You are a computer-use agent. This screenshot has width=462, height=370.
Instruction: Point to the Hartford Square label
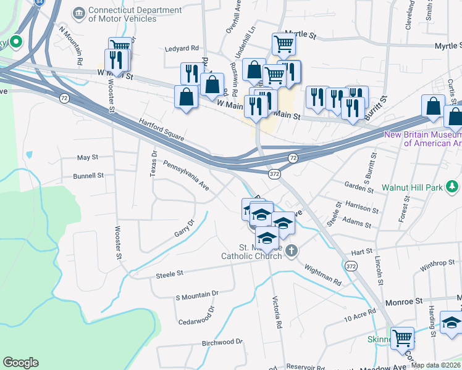[x=161, y=129]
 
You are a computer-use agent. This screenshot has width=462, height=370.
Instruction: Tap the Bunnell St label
[x=88, y=176]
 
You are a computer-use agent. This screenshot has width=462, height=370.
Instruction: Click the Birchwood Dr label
[x=222, y=342]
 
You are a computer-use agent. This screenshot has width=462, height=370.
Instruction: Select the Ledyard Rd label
[x=182, y=47]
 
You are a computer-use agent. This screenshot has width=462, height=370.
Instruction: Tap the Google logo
[x=20, y=363]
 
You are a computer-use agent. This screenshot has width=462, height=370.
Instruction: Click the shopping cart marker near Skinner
[x=402, y=337]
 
